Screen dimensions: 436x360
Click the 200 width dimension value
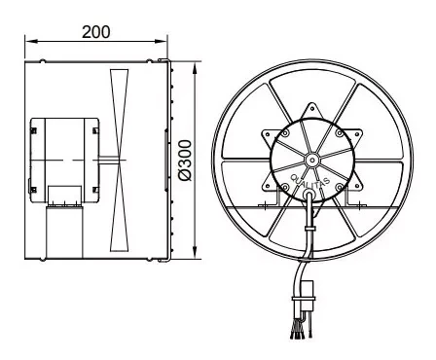click(96, 32)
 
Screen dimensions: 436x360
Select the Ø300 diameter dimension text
click(186, 161)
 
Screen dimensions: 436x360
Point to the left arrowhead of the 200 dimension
click(31, 41)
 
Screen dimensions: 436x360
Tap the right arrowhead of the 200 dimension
click(161, 41)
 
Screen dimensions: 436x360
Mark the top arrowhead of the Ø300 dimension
click(195, 68)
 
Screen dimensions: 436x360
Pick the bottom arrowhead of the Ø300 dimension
click(195, 252)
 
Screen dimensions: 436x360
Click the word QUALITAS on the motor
click(310, 182)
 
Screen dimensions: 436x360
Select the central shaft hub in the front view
click(312, 160)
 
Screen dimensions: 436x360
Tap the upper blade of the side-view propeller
click(119, 114)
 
